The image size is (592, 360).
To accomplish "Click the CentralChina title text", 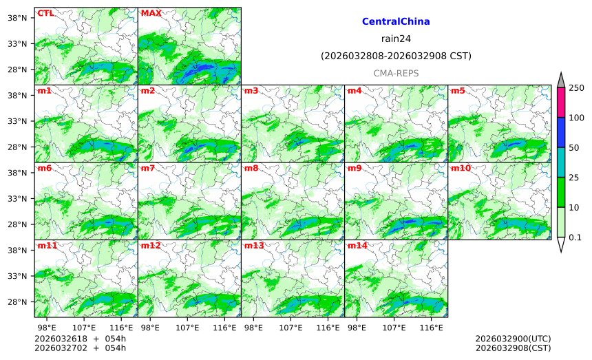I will [396, 22].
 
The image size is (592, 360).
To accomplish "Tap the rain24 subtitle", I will [396, 39].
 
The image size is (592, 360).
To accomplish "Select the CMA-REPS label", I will [396, 73].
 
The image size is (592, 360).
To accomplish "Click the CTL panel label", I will [45, 13].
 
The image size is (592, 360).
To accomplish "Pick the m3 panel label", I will [251, 91].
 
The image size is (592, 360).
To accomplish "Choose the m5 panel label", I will [458, 91].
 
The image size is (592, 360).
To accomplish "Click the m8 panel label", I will [251, 168].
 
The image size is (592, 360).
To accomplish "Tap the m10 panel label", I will [461, 168].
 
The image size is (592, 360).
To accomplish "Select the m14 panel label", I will [357, 246].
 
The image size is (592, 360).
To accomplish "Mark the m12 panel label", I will [151, 246].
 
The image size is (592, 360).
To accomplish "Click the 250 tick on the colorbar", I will [577, 88].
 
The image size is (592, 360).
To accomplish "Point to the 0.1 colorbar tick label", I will [578, 237].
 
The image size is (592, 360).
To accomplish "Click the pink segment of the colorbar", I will [560, 103].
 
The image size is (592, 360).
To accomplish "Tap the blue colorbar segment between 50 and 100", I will [560, 132].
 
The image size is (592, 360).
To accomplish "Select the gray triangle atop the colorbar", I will [560, 81].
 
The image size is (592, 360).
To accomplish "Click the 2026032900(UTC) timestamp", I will [513, 339].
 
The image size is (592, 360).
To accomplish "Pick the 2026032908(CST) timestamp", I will [513, 348].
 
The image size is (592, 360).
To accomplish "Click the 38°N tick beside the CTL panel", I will [17, 17].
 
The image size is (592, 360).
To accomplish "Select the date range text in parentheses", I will [396, 56].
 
